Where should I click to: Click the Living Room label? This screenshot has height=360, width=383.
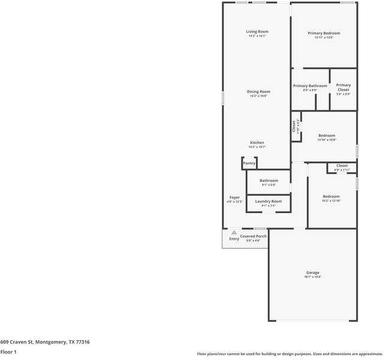[257, 31]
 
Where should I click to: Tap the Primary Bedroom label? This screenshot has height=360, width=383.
[324, 33]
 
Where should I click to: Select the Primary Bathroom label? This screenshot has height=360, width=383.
[310, 86]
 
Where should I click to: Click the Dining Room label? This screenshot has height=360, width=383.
[258, 92]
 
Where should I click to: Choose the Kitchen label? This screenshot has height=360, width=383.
[257, 143]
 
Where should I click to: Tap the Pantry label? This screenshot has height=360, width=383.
[249, 163]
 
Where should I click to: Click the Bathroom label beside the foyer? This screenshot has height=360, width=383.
[269, 181]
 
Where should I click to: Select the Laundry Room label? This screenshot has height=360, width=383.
[268, 201]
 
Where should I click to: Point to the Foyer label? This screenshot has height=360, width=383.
[234, 197]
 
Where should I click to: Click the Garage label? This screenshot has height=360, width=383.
[313, 272]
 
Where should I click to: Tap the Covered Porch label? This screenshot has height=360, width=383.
[254, 236]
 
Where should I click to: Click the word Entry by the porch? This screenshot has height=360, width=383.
[234, 239]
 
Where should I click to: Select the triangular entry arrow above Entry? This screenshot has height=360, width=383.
[234, 232]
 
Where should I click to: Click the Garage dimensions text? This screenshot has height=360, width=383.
[313, 277]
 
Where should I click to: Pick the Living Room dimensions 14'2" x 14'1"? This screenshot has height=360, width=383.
[257, 36]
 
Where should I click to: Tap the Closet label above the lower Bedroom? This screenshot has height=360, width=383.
[342, 166]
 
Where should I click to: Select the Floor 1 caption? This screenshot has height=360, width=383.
[8, 352]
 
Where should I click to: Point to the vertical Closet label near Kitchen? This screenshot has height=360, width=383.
[294, 126]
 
